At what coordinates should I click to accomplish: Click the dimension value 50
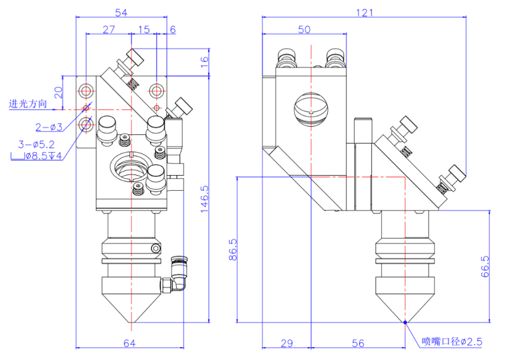tap(304, 30)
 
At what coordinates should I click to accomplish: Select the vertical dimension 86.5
tap(232, 249)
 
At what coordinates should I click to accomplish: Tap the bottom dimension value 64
tap(129, 344)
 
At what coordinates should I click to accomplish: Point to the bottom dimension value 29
tap(286, 344)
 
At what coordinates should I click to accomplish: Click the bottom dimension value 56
tap(358, 344)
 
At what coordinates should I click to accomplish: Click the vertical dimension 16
tap(205, 63)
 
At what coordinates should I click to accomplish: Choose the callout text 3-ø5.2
tap(36, 144)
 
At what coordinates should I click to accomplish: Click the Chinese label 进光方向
tap(27, 104)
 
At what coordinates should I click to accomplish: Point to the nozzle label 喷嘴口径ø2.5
tap(453, 342)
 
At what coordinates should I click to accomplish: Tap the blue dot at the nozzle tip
tap(405, 321)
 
